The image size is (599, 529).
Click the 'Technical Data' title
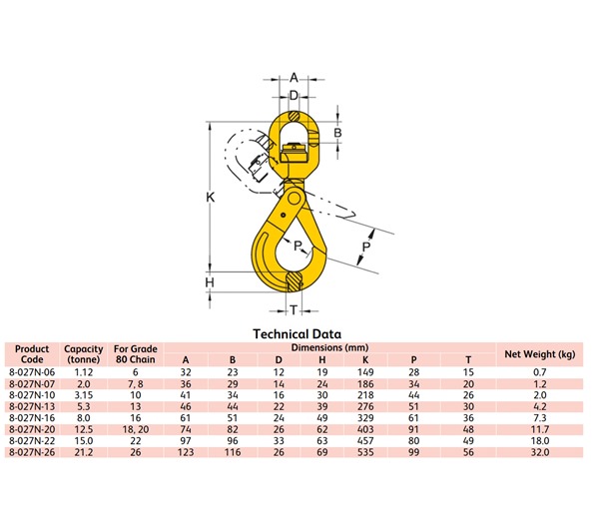(298, 334)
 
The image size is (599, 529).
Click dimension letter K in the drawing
(211, 199)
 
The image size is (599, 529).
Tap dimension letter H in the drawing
(211, 282)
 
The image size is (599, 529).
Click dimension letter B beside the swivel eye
(338, 133)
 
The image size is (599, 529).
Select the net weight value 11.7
(540, 427)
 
